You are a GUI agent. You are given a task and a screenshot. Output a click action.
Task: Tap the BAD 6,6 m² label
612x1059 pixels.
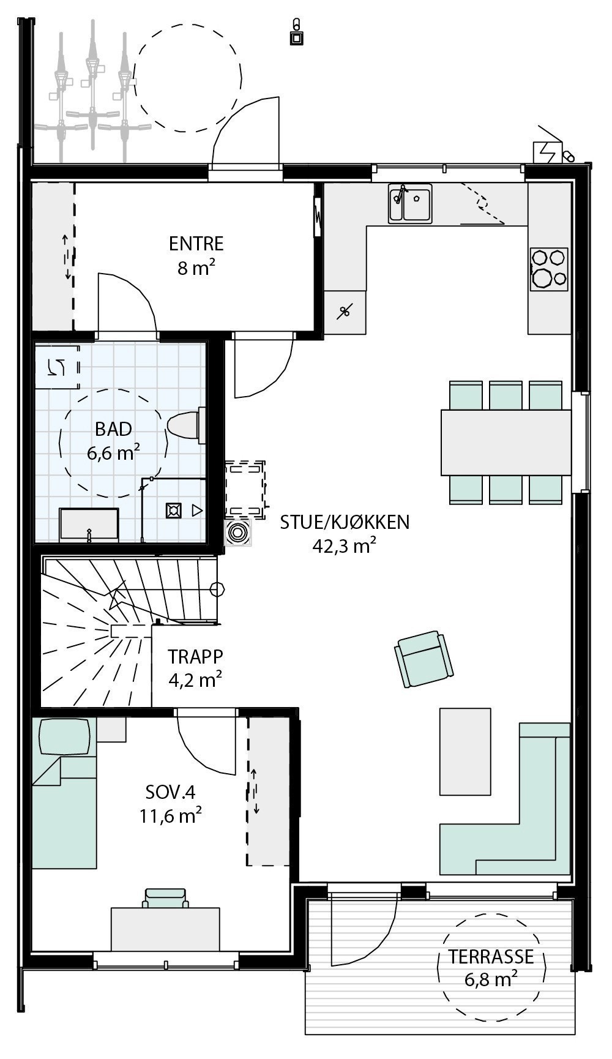point(114,440)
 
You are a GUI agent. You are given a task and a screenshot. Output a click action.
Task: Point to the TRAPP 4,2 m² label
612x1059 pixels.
point(196,667)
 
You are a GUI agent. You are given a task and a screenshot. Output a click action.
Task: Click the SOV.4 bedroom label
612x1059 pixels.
point(170,803)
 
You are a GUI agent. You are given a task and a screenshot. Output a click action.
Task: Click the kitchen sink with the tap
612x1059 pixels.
point(410,203)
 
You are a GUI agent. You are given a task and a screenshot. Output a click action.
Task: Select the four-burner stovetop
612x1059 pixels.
point(549,268)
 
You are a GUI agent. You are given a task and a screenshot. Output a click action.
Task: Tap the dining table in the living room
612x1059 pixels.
point(506,442)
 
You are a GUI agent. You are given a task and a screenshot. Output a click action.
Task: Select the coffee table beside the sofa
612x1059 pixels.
point(465,751)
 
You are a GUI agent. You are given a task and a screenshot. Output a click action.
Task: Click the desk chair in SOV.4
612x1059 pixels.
point(165,898)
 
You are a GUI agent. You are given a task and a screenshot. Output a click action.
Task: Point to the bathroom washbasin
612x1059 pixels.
point(89,525)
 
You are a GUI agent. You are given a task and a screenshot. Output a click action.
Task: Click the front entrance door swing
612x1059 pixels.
point(245,132)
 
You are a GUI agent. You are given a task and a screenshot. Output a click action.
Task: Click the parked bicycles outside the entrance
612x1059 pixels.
point(92,92)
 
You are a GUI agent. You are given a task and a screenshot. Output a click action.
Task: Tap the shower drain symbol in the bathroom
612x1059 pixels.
point(174,510)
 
